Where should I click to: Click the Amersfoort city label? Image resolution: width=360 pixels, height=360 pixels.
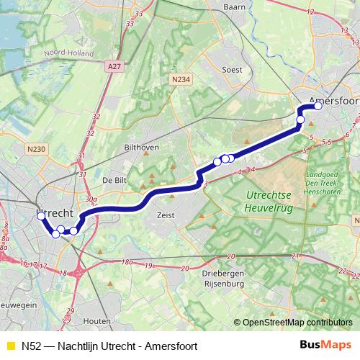coord(333,102)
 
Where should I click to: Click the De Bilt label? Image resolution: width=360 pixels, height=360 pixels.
coord(115,179)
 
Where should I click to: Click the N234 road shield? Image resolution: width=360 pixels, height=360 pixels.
coord(181,79)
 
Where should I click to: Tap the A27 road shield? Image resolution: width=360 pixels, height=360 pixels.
coord(112,66)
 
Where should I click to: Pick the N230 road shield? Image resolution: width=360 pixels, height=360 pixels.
coord(35,149)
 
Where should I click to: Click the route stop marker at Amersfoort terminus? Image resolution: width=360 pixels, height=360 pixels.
coord(318,107)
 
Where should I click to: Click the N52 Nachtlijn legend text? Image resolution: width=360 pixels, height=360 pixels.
coord(109,346)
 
